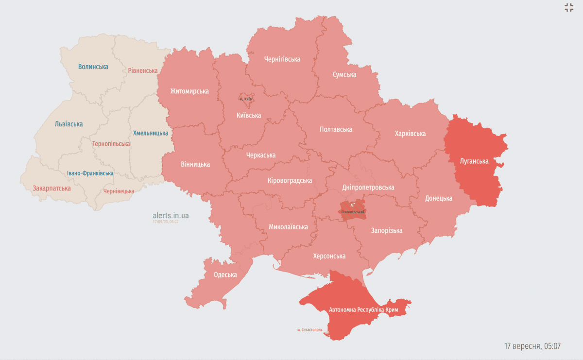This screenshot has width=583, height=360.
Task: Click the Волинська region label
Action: (93, 67)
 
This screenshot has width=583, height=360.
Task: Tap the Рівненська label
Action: (143, 70)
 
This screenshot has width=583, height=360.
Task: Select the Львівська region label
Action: (69, 124)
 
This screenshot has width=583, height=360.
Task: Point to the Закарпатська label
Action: (51, 188)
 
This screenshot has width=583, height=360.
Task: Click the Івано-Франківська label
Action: (90, 173)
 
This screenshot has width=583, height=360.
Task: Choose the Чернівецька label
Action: (119, 191)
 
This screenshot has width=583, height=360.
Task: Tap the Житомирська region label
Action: (189, 91)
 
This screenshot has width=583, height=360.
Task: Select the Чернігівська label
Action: (282, 59)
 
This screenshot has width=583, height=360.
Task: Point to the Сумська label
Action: (344, 74)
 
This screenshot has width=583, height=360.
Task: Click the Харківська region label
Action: (410, 134)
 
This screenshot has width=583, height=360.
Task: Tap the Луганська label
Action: (474, 161)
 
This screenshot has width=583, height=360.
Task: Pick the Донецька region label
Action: (438, 198)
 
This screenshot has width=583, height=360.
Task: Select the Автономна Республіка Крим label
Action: (367, 309)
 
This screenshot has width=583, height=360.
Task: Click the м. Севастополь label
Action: (309, 329)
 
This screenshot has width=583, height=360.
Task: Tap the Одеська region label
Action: (225, 274)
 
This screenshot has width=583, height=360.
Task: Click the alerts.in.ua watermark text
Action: (171, 215)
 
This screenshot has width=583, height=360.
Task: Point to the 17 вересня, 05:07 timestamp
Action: (532, 346)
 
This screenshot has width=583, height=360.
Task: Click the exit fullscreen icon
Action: (569, 7)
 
